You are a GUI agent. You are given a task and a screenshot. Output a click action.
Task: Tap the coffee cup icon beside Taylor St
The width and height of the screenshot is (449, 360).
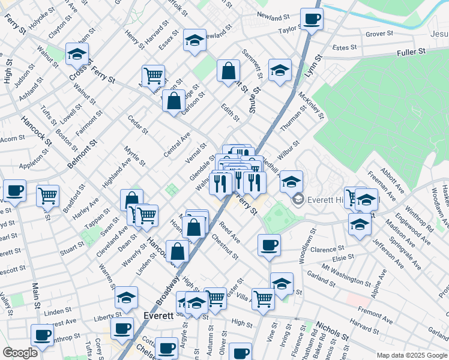coord(312,19)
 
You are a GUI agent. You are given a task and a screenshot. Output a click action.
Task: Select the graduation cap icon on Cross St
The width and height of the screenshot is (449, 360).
coord(77,55)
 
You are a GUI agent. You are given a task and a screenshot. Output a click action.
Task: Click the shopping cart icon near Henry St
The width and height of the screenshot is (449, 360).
coord(153,76)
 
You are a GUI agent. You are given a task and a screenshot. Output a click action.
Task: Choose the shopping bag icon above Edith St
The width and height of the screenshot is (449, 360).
coord(228,71)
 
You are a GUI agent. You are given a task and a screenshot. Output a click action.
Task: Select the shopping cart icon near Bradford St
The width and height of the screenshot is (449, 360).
coord(48,195)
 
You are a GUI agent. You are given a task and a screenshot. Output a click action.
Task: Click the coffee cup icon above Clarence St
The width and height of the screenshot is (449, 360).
coord(269,245)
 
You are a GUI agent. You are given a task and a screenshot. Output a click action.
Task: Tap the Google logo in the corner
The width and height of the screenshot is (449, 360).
coord(19,353)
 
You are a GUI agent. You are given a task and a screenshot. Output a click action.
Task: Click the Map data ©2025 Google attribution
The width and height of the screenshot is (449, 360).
coord(412,355)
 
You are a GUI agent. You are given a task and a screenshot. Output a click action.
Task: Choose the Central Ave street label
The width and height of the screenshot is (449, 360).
coord(176,145)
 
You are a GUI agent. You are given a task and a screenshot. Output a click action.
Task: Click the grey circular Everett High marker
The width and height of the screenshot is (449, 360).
coord(297,199)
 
